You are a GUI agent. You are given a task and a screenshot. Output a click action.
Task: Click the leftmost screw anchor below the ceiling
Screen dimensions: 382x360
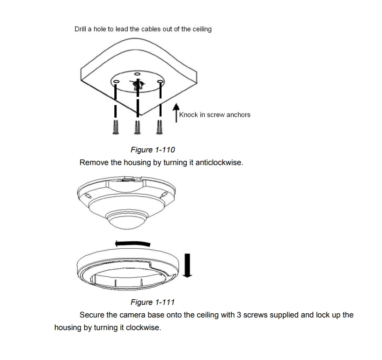[x=116, y=127]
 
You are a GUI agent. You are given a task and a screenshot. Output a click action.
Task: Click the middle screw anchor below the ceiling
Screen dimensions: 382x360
[x=138, y=127]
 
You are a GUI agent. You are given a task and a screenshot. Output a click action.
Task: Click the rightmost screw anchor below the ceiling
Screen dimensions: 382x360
[x=159, y=127]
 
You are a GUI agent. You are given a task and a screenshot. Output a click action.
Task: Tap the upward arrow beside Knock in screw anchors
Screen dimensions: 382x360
[x=176, y=113]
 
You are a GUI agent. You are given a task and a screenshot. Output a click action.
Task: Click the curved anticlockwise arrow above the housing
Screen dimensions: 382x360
[x=133, y=243]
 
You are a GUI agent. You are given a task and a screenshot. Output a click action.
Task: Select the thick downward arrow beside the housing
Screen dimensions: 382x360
[x=187, y=266]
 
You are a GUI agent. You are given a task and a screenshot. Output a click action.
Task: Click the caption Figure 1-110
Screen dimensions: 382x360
[x=153, y=150]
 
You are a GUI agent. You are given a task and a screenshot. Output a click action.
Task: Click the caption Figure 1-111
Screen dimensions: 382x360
[x=153, y=302]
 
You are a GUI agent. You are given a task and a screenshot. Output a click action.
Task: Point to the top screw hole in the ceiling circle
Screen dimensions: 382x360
[x=138, y=74]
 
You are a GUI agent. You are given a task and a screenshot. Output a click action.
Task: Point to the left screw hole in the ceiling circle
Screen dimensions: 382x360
[x=117, y=82]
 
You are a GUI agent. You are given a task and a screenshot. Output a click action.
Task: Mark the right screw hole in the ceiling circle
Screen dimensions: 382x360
[x=160, y=82]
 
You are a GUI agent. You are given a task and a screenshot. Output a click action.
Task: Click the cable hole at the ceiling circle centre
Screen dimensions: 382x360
[x=137, y=85]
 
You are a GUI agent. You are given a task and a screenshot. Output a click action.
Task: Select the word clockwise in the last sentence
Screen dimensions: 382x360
[x=143, y=328]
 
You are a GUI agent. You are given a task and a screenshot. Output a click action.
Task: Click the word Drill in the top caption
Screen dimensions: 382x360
[x=80, y=29]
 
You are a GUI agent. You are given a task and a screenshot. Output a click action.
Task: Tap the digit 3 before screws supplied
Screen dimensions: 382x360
[x=239, y=315]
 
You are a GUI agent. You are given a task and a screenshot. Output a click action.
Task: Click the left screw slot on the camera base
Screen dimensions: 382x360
[x=88, y=195]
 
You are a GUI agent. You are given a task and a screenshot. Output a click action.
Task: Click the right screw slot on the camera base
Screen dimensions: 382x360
[x=164, y=194]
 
